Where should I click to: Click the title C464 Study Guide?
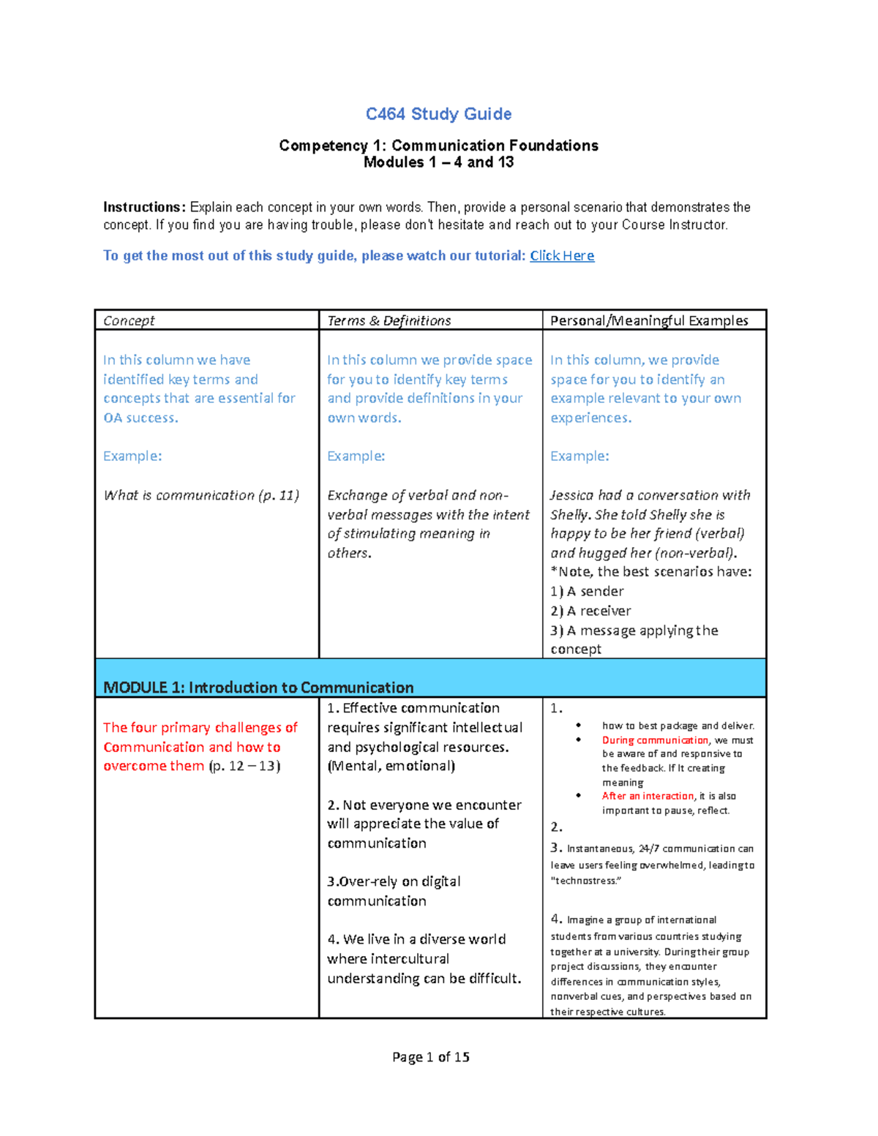(x=438, y=114)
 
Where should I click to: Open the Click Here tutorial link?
(x=562, y=256)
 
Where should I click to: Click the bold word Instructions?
(x=144, y=208)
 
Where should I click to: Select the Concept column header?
(x=129, y=320)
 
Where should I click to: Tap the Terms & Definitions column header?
(x=389, y=320)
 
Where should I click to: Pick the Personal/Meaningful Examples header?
(x=649, y=320)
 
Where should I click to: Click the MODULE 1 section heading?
(x=258, y=688)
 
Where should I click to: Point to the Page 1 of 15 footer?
(x=431, y=1057)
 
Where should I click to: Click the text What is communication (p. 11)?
(x=201, y=495)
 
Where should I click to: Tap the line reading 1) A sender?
(x=587, y=592)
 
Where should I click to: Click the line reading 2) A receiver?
(x=590, y=611)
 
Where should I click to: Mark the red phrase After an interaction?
(x=648, y=796)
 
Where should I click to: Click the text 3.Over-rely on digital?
(x=394, y=881)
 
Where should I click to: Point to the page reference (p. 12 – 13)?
(x=244, y=766)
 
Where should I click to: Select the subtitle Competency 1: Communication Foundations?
(x=438, y=146)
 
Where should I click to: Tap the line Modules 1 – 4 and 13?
(x=438, y=162)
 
